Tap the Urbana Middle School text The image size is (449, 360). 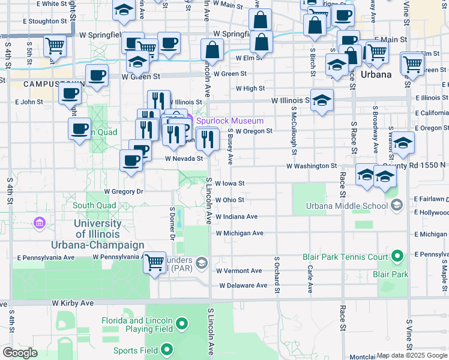point(346,206)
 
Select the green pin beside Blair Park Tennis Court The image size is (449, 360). point(397,257)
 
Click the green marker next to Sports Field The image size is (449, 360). point(166,350)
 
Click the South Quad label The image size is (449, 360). point(94,205)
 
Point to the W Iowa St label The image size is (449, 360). point(230,183)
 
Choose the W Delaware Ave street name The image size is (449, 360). point(243,286)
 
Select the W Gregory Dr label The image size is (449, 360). point(124,191)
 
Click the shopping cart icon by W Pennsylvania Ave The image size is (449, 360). point(154,262)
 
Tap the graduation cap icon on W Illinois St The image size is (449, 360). point(322,101)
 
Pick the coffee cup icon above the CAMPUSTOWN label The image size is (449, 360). point(97,76)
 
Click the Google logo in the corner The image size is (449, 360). point(19,353)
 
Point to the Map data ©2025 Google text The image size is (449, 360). point(412,355)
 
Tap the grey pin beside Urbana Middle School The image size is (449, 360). point(396,206)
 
